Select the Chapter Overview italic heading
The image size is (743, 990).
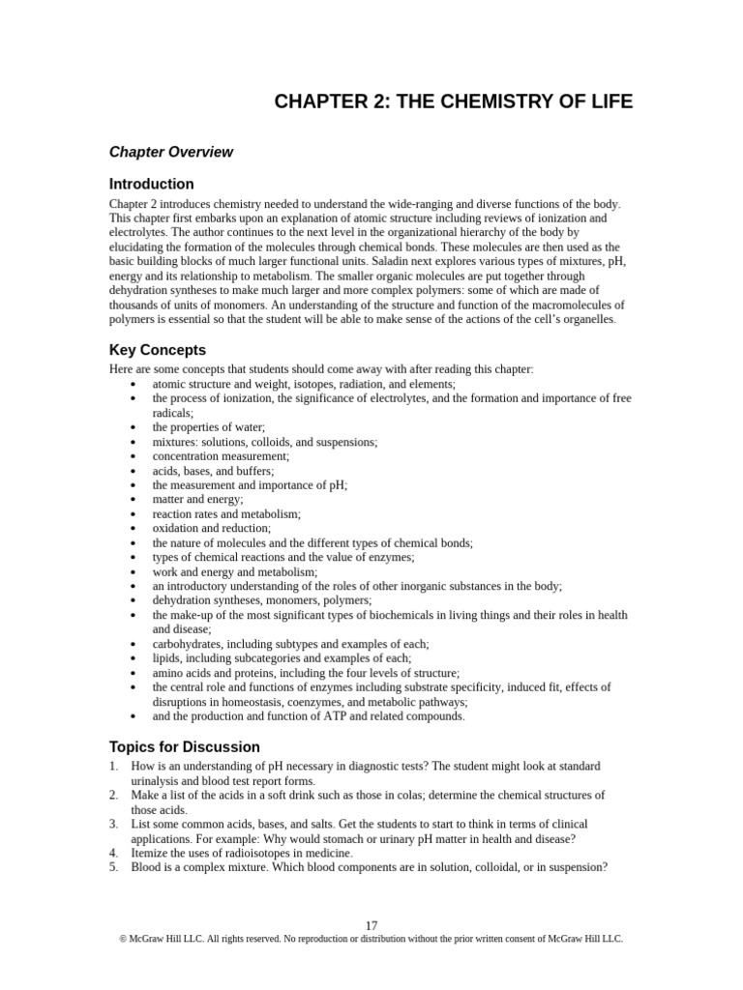(170, 152)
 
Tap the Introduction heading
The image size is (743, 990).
(151, 184)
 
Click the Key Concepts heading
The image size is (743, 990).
(157, 350)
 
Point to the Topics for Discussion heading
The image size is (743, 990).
(184, 746)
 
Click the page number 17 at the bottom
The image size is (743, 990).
(371, 925)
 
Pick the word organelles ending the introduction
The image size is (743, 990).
(584, 320)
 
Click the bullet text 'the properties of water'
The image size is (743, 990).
(208, 426)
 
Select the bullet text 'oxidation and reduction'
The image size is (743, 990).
(211, 528)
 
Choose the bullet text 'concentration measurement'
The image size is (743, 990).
(221, 455)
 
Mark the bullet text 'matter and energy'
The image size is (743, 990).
(197, 499)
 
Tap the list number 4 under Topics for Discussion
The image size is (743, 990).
(113, 853)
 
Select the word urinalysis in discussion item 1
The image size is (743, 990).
(158, 780)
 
